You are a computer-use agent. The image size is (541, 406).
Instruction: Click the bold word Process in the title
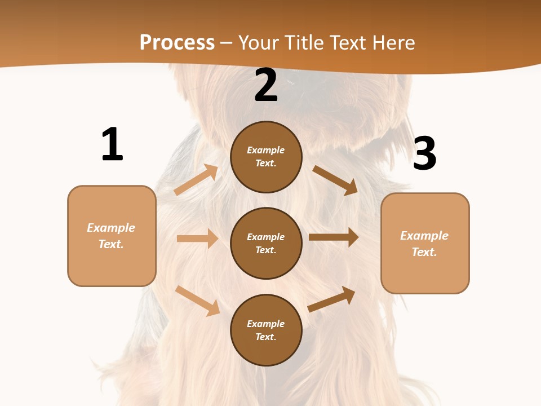point(177,42)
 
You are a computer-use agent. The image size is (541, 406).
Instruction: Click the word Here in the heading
point(393,42)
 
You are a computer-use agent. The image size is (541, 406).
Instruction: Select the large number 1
point(112,145)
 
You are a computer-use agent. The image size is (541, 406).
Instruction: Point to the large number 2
point(266,85)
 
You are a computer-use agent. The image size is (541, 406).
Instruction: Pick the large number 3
point(424,154)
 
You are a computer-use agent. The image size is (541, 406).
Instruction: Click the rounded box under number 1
point(112,236)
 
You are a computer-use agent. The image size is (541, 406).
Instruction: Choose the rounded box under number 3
point(425,243)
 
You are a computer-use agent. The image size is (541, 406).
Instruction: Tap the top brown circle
point(266,157)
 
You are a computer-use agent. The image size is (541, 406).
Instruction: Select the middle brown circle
point(266,243)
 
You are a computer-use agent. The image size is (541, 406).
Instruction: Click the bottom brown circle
point(266,330)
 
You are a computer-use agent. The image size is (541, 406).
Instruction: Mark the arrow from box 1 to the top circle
point(196,180)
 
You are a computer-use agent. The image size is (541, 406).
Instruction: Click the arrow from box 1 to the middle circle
point(197,239)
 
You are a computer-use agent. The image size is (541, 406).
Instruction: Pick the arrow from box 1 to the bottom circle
point(197,301)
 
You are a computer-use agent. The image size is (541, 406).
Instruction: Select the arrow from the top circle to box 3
point(335,180)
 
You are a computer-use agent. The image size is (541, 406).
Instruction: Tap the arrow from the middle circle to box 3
point(334,237)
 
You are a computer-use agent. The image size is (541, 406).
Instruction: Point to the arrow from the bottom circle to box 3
point(331,299)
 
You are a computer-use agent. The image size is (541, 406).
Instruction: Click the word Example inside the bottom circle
point(266,324)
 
